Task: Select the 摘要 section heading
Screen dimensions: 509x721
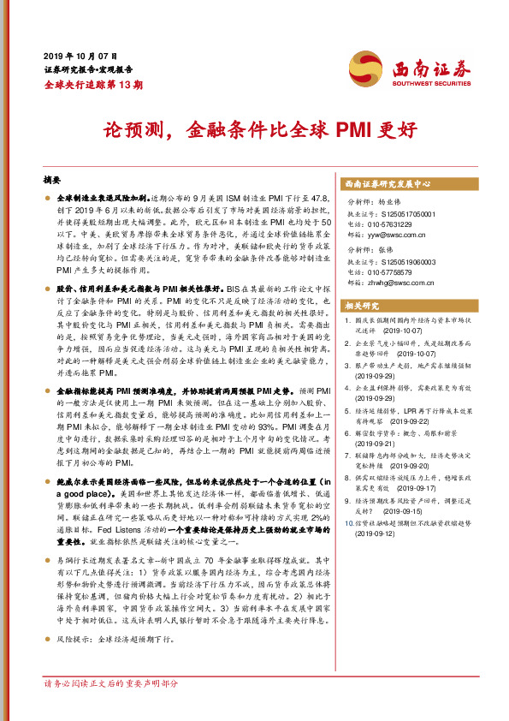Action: coord(51,182)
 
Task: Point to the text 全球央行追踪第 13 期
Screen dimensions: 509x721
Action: coord(93,84)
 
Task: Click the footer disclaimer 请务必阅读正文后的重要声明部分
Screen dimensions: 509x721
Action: coord(111,683)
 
